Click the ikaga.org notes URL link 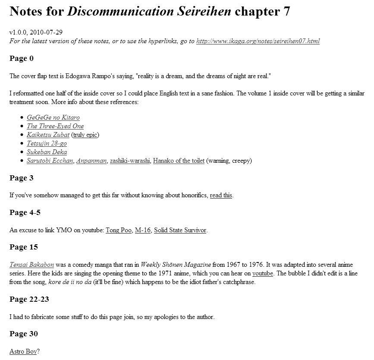pos(258,41)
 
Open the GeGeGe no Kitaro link pos(53,117)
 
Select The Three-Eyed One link pos(55,126)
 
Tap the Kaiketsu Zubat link pos(48,135)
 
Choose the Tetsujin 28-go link pos(47,143)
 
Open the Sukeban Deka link pos(47,152)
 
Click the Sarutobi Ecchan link pos(50,161)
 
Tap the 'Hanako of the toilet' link pos(179,161)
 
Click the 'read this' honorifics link pos(221,195)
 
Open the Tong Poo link pos(119,230)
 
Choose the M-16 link pos(142,230)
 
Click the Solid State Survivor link pos(180,230)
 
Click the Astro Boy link pos(23,351)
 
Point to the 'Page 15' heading pos(24,247)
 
